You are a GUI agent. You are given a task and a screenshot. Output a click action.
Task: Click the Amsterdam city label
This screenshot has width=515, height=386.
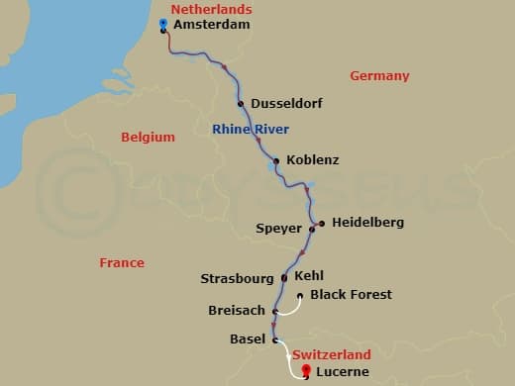(x=210, y=25)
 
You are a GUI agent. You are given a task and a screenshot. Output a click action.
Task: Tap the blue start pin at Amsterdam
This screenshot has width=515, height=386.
(x=162, y=22)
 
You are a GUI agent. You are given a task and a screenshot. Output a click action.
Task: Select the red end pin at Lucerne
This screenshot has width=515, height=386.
(x=305, y=371)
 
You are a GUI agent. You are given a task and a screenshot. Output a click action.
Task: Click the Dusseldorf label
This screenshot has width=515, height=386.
(x=287, y=104)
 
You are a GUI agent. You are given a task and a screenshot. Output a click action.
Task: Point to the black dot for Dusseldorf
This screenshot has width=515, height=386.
(x=241, y=103)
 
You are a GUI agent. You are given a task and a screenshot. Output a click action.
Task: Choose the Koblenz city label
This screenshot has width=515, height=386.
(x=312, y=160)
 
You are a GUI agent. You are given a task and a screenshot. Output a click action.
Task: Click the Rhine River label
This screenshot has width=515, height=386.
(x=251, y=130)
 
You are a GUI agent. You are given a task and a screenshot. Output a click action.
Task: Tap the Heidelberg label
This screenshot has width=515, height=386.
(x=367, y=223)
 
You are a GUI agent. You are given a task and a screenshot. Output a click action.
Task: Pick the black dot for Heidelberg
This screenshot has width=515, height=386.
(x=322, y=223)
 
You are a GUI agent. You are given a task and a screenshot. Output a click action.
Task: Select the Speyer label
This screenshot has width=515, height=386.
(x=278, y=229)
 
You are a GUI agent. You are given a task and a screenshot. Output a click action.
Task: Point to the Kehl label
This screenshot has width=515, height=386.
(x=310, y=276)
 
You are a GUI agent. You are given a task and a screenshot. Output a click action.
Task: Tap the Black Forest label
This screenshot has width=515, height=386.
(x=351, y=295)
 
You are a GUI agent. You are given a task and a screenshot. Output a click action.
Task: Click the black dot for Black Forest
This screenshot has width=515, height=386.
(x=300, y=295)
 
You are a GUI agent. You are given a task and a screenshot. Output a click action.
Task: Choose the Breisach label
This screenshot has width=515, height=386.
(x=237, y=311)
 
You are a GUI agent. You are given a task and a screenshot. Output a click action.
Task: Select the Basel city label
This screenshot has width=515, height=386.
(x=247, y=339)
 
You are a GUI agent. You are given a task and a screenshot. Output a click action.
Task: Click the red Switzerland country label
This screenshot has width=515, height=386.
(x=332, y=355)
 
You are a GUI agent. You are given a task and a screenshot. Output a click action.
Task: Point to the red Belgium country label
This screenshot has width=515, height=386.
(x=148, y=138)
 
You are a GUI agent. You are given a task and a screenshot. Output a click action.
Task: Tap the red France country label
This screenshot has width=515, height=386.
(x=122, y=263)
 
